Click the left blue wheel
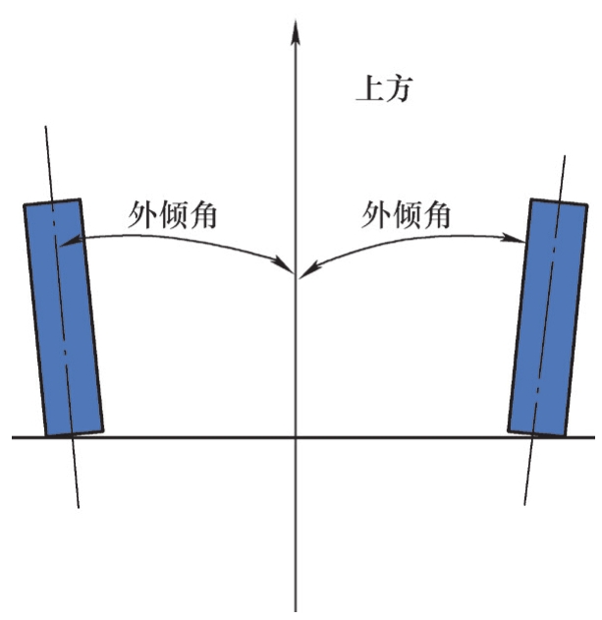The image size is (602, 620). pos(64,316)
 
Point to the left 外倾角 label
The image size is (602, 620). pos(172,215)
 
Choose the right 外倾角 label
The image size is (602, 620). pos(405,215)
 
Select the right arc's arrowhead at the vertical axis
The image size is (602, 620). pos(303,269)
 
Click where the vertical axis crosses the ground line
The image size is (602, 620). pos(295,437)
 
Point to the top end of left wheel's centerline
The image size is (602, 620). pos(44,128)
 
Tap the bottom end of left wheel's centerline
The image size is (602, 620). pos(78,508)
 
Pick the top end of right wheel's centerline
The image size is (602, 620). pos(566,155)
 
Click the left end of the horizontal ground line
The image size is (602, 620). pos(14,437)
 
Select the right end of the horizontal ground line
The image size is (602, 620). pos(593,437)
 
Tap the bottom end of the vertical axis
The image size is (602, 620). pos(295,609)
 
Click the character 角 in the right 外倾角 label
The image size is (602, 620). pos(435,215)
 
